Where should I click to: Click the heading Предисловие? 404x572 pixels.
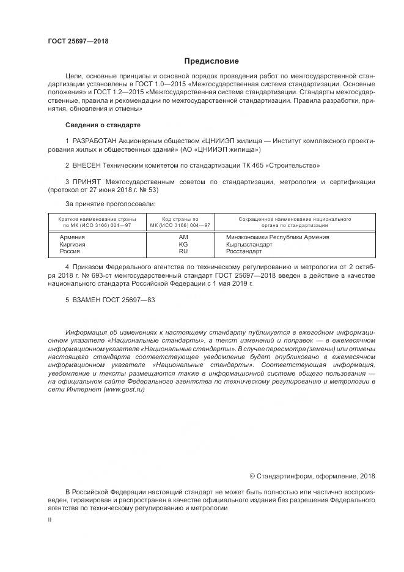tap(212, 61)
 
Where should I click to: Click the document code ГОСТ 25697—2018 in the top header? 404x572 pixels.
tap(78, 42)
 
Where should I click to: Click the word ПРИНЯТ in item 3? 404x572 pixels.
tap(87, 182)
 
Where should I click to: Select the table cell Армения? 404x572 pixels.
tap(72, 236)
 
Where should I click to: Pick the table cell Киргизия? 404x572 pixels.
tap(73, 243)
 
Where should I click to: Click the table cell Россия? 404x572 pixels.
tap(70, 251)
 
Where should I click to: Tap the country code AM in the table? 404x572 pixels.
tap(183, 236)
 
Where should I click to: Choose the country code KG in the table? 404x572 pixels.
tap(183, 243)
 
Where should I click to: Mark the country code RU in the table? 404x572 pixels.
tap(183, 251)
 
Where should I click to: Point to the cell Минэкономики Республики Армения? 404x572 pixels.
tap(277, 236)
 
